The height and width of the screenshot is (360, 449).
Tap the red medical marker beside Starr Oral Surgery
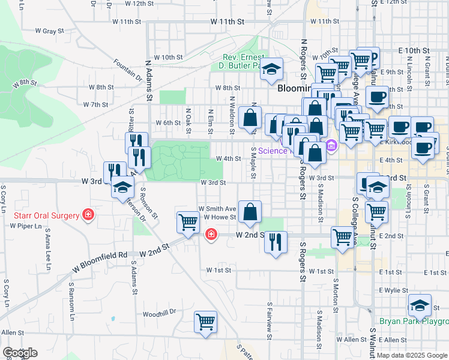click(x=88, y=214)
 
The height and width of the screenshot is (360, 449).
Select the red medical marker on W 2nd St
click(x=211, y=234)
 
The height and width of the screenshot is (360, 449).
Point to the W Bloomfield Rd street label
click(x=100, y=254)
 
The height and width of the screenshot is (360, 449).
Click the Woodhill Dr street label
click(x=159, y=313)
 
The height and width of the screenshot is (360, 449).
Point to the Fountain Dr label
click(x=127, y=70)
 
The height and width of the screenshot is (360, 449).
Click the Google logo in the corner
click(x=20, y=353)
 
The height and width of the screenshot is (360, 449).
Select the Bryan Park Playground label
click(x=413, y=322)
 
